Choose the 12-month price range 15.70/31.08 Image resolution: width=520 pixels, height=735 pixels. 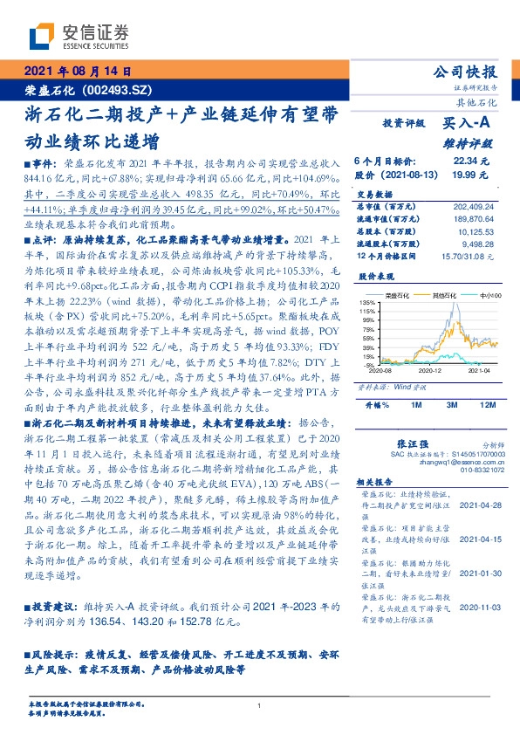click(x=471, y=256)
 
